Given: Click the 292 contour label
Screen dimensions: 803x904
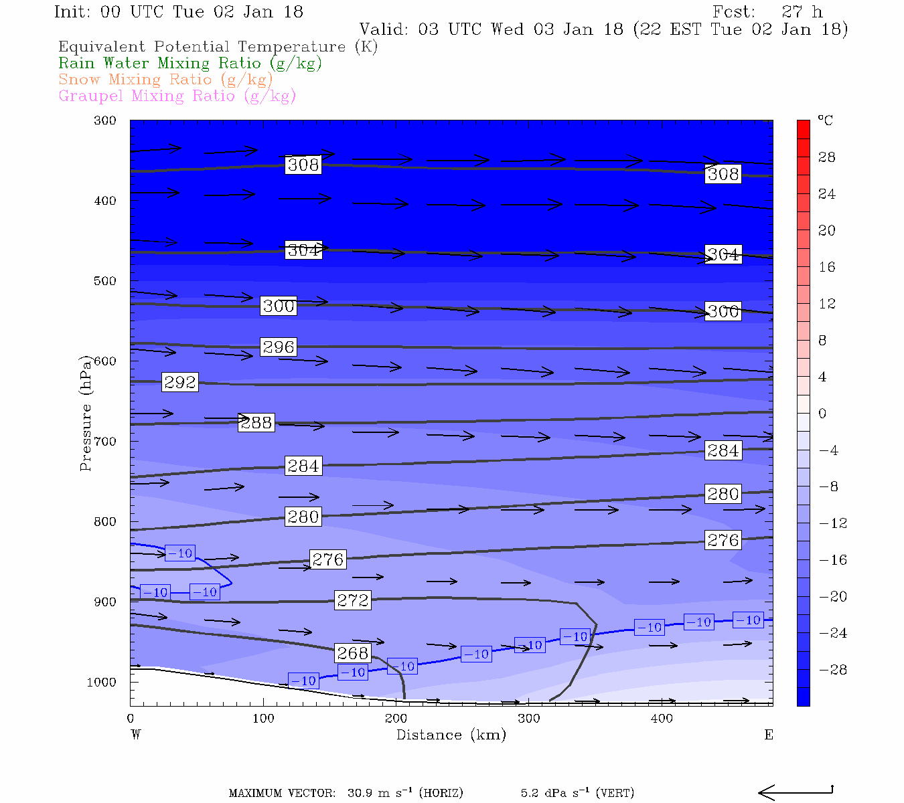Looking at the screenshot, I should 180,382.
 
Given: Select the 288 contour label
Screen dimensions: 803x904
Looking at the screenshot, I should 256,422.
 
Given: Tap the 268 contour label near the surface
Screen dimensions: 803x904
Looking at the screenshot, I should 353,652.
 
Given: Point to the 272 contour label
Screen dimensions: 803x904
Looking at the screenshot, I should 353,600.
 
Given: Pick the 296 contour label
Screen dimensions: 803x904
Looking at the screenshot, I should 279,347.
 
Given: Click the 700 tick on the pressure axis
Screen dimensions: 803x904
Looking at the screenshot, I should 105,442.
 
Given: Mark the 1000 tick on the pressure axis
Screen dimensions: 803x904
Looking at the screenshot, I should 102,682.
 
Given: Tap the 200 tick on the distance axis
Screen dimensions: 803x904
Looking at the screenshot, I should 396,719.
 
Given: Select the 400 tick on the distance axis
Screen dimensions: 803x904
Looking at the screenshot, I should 662,719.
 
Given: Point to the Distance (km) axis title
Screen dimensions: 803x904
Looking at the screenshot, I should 451,735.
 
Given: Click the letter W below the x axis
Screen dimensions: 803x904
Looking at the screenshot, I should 136,735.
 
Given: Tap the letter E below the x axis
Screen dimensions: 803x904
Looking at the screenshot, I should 769,735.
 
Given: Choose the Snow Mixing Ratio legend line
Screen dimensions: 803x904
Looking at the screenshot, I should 165,80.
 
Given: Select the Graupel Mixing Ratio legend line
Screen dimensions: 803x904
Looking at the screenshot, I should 177,96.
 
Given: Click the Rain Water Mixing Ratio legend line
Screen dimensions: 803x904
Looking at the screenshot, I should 190,64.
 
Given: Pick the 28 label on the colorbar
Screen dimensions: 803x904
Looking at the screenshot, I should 827,157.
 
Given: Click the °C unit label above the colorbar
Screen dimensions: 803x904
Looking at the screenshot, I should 825,120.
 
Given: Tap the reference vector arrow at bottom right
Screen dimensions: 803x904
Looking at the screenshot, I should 796,792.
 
